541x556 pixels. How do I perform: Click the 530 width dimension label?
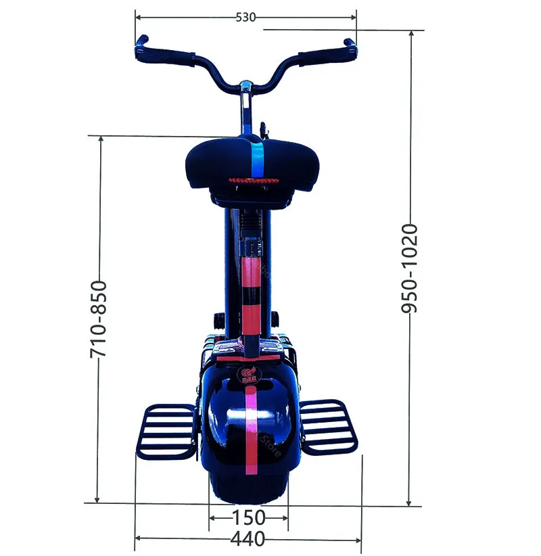245,18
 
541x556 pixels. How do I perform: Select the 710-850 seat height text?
99,319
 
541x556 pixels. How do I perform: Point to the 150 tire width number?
248,518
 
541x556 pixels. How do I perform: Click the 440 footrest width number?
248,539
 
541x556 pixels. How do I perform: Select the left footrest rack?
166,429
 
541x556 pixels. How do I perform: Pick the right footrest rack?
328,426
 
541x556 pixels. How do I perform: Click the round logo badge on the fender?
248,375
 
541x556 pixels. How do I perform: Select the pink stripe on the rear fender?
251,433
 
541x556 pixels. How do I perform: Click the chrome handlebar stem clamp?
246,88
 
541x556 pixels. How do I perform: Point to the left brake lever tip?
141,41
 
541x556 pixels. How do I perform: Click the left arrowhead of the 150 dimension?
212,519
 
